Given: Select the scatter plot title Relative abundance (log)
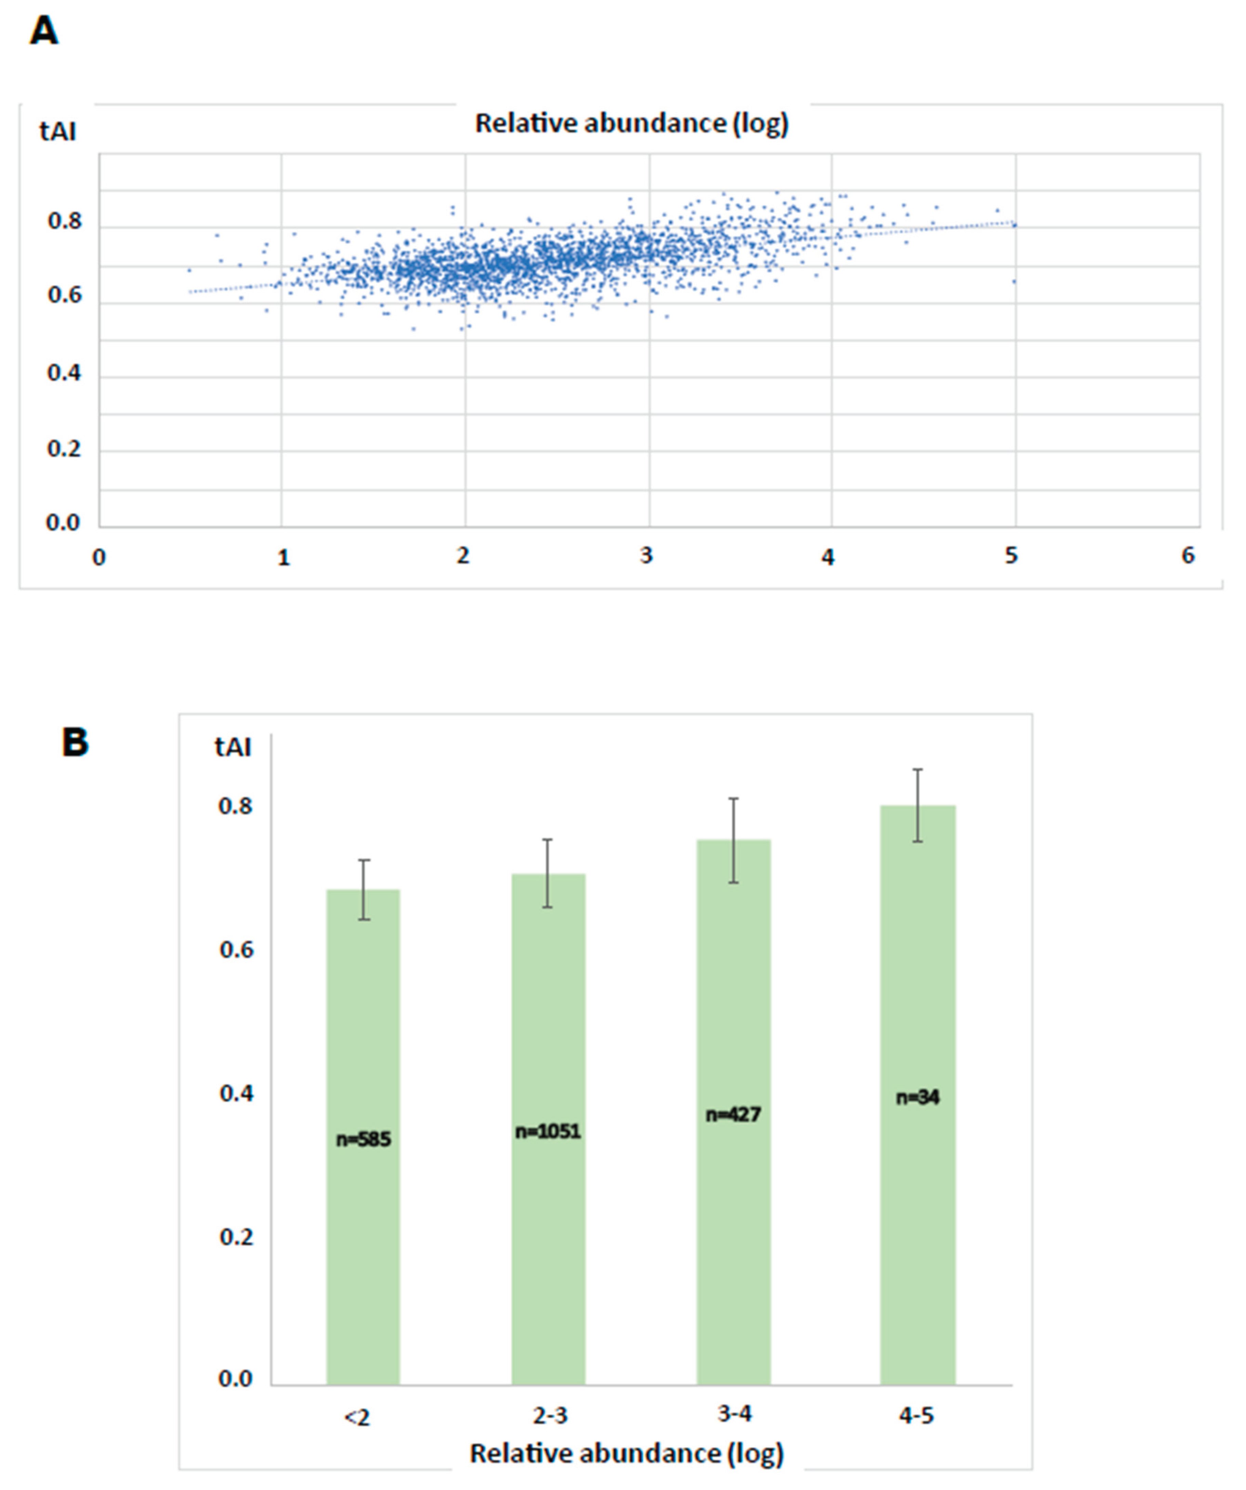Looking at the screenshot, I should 631,124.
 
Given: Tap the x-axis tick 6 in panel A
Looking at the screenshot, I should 1188,556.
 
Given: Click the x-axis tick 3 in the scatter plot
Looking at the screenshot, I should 645,556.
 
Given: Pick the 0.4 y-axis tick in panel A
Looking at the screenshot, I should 64,373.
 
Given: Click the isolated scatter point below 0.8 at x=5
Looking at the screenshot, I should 1014,282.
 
